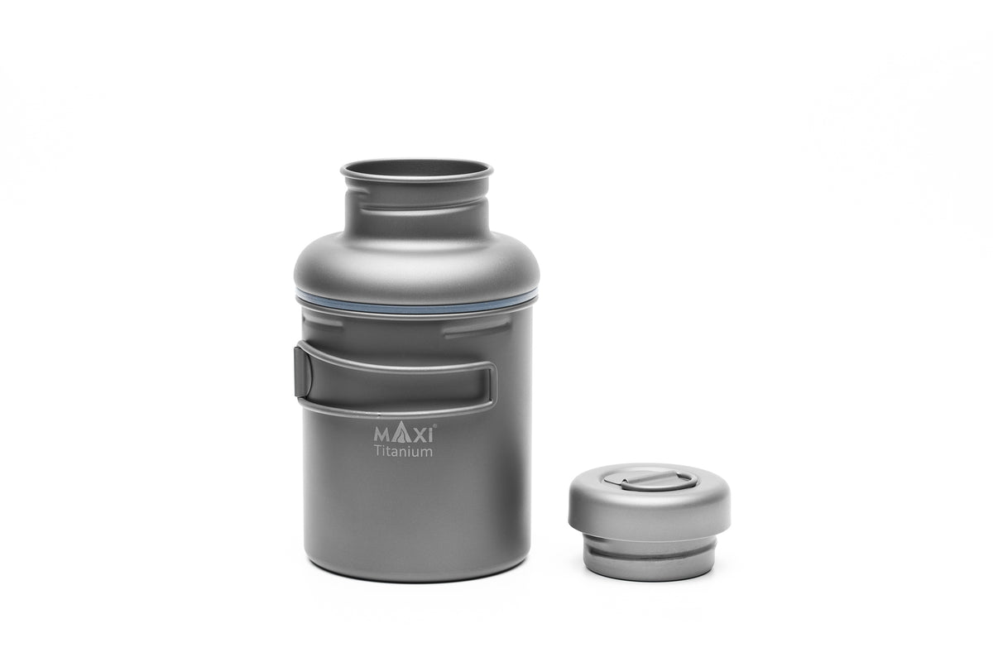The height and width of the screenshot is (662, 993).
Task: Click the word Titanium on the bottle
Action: [403, 452]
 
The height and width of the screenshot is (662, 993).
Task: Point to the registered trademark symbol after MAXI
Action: [435, 425]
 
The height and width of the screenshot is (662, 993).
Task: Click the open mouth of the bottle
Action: [416, 170]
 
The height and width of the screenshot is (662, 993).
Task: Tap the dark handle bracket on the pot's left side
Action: [303, 371]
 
